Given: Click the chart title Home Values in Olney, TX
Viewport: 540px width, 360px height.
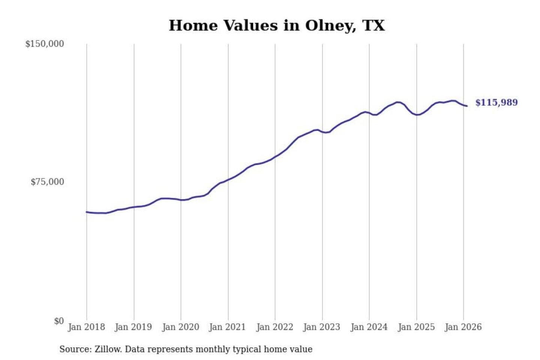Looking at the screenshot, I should (x=277, y=25).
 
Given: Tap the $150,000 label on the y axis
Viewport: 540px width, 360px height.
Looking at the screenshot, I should (x=45, y=44).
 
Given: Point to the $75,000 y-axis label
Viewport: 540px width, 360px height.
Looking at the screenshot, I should (x=47, y=182).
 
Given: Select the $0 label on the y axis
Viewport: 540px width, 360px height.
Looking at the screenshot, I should (x=59, y=321).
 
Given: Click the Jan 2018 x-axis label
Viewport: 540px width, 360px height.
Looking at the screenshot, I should (x=86, y=327).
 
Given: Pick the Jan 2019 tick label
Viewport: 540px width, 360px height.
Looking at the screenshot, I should (x=133, y=327).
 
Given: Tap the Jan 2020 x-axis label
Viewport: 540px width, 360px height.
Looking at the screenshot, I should (x=180, y=327).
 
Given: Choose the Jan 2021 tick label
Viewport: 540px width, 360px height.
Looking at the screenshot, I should (x=227, y=327).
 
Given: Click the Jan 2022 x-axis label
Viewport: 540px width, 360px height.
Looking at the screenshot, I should (x=274, y=327).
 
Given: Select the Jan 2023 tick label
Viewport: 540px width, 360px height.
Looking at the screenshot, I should (x=321, y=327).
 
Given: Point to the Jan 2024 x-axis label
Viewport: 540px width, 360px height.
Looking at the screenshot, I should (x=369, y=327).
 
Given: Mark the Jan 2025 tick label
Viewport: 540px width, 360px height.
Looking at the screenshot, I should (x=416, y=327).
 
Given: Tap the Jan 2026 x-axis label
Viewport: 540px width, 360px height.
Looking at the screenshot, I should (x=463, y=327).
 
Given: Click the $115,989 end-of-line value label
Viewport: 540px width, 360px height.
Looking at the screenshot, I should (x=496, y=102).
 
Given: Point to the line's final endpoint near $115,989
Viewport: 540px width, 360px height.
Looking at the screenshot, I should (x=467, y=106).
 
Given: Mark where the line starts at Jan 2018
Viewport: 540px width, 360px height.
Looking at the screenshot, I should (x=87, y=212).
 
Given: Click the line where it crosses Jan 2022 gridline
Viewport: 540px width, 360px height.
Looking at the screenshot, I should (x=275, y=157).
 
